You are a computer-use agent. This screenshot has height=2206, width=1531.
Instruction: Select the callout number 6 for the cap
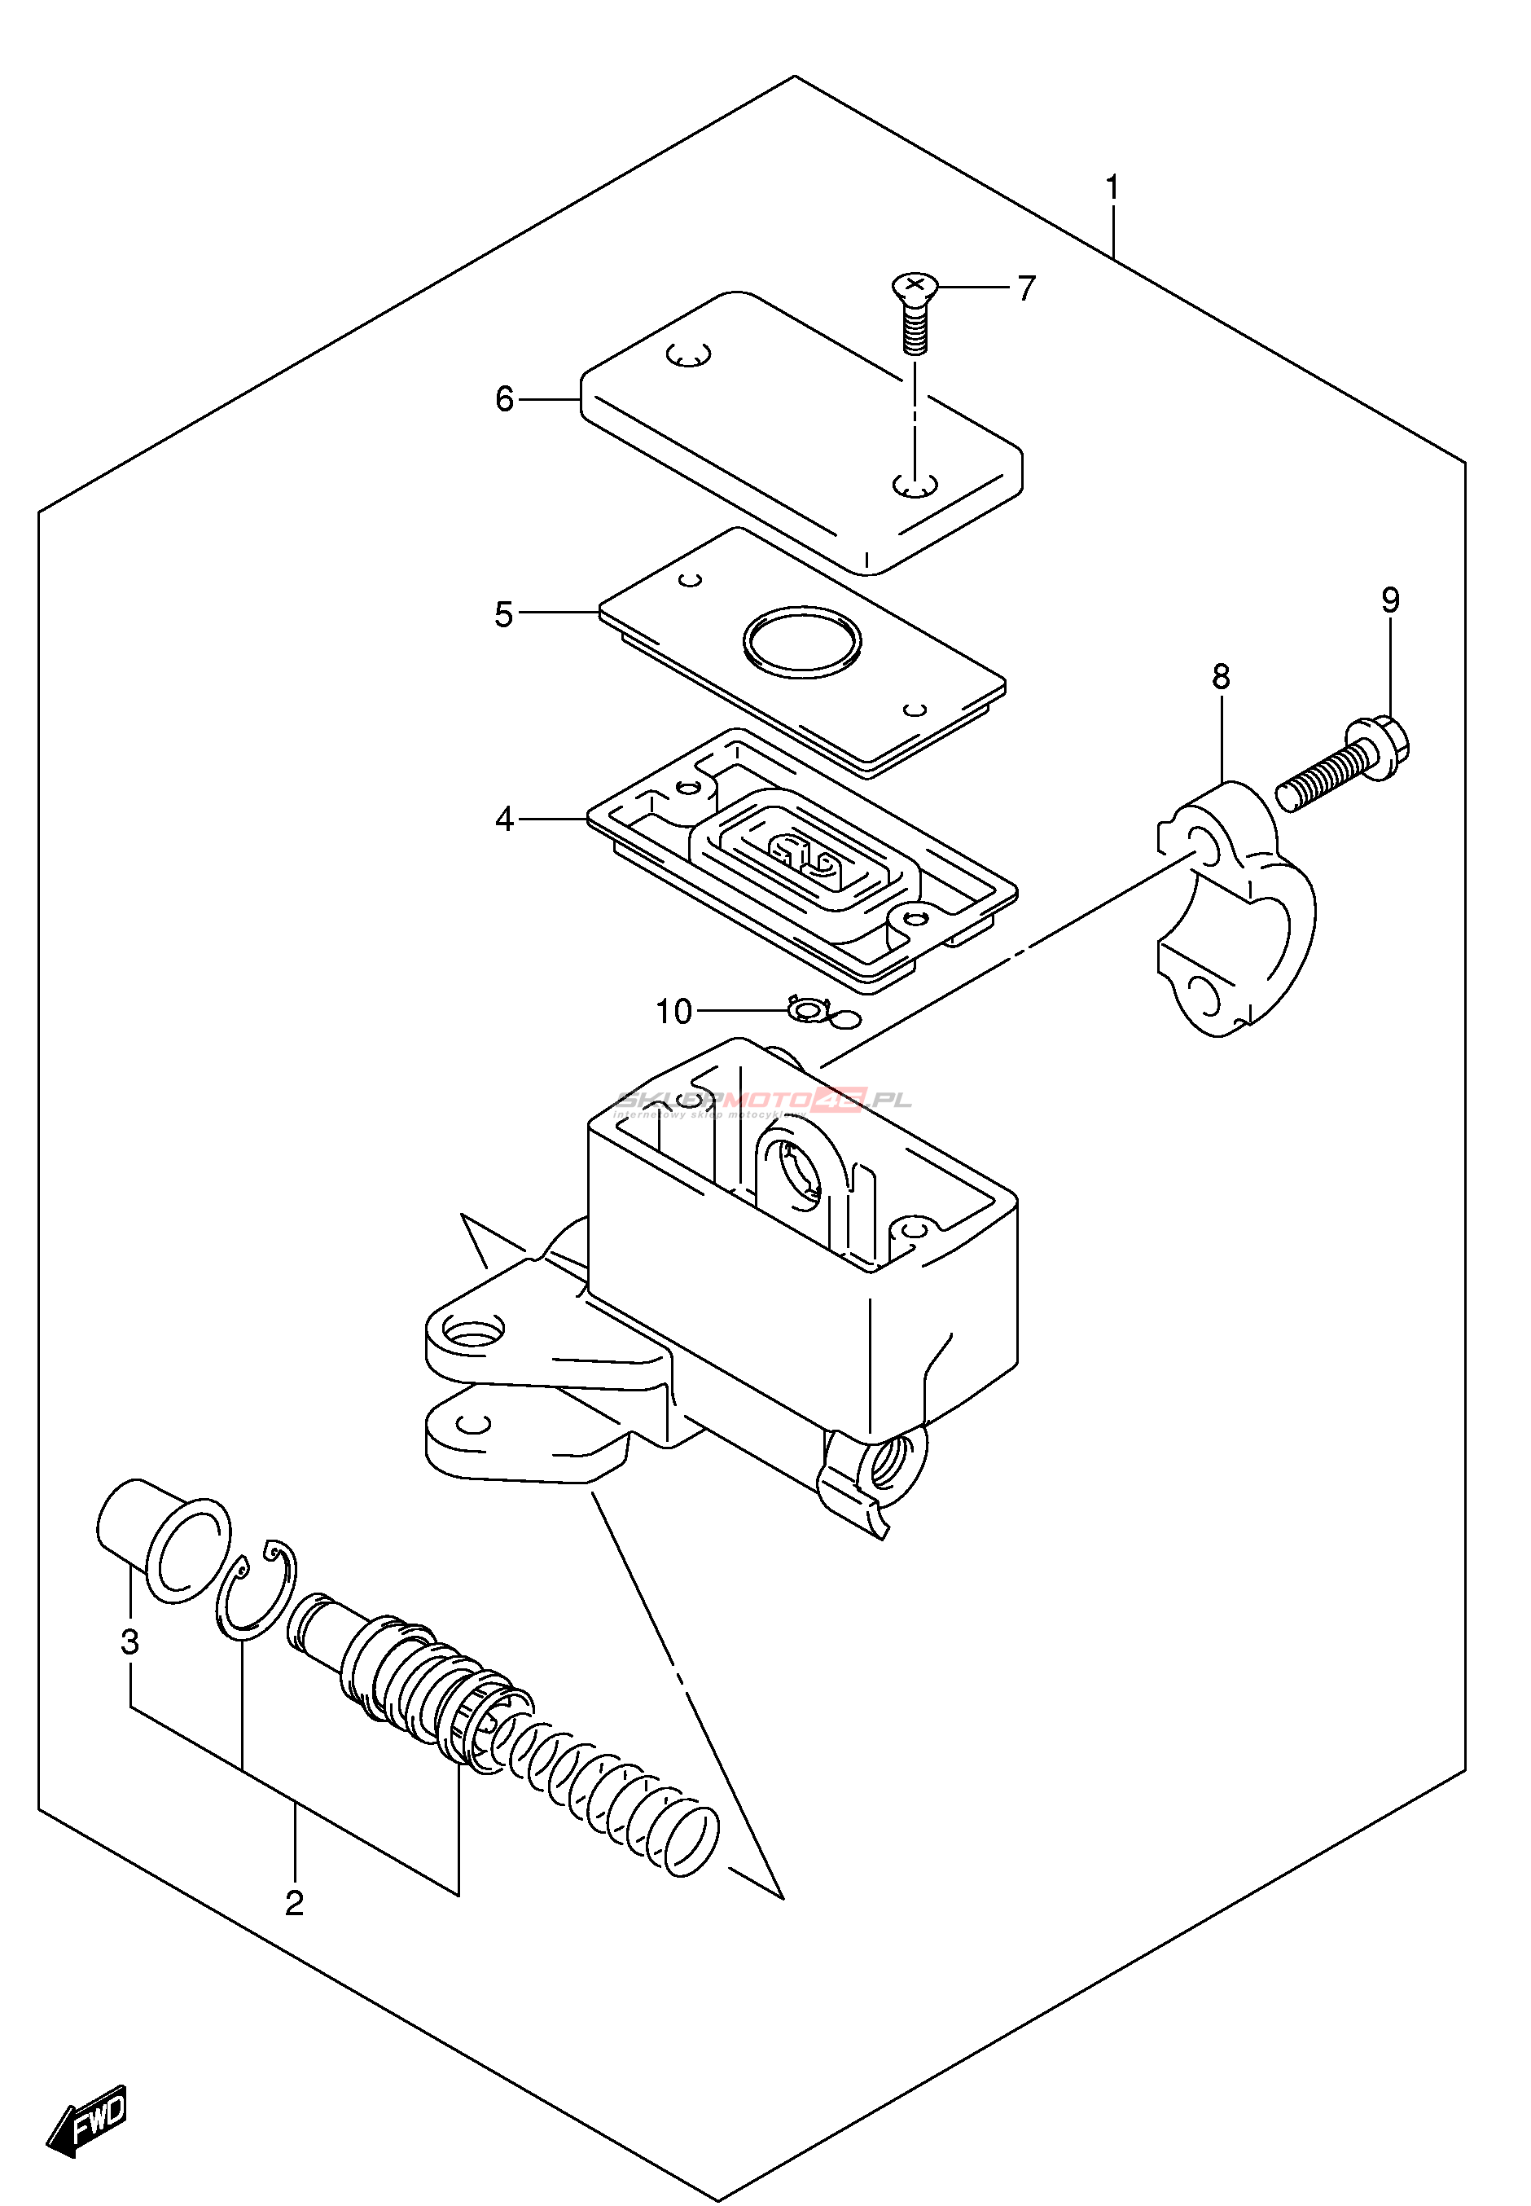click(505, 398)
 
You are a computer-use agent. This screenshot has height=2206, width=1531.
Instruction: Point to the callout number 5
click(505, 614)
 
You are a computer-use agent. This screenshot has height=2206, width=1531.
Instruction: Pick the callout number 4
click(505, 820)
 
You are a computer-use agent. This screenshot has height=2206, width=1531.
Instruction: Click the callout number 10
click(673, 1012)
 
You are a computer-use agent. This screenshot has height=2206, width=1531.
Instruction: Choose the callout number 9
click(1390, 600)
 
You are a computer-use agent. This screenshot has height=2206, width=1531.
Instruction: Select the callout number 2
click(295, 1902)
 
